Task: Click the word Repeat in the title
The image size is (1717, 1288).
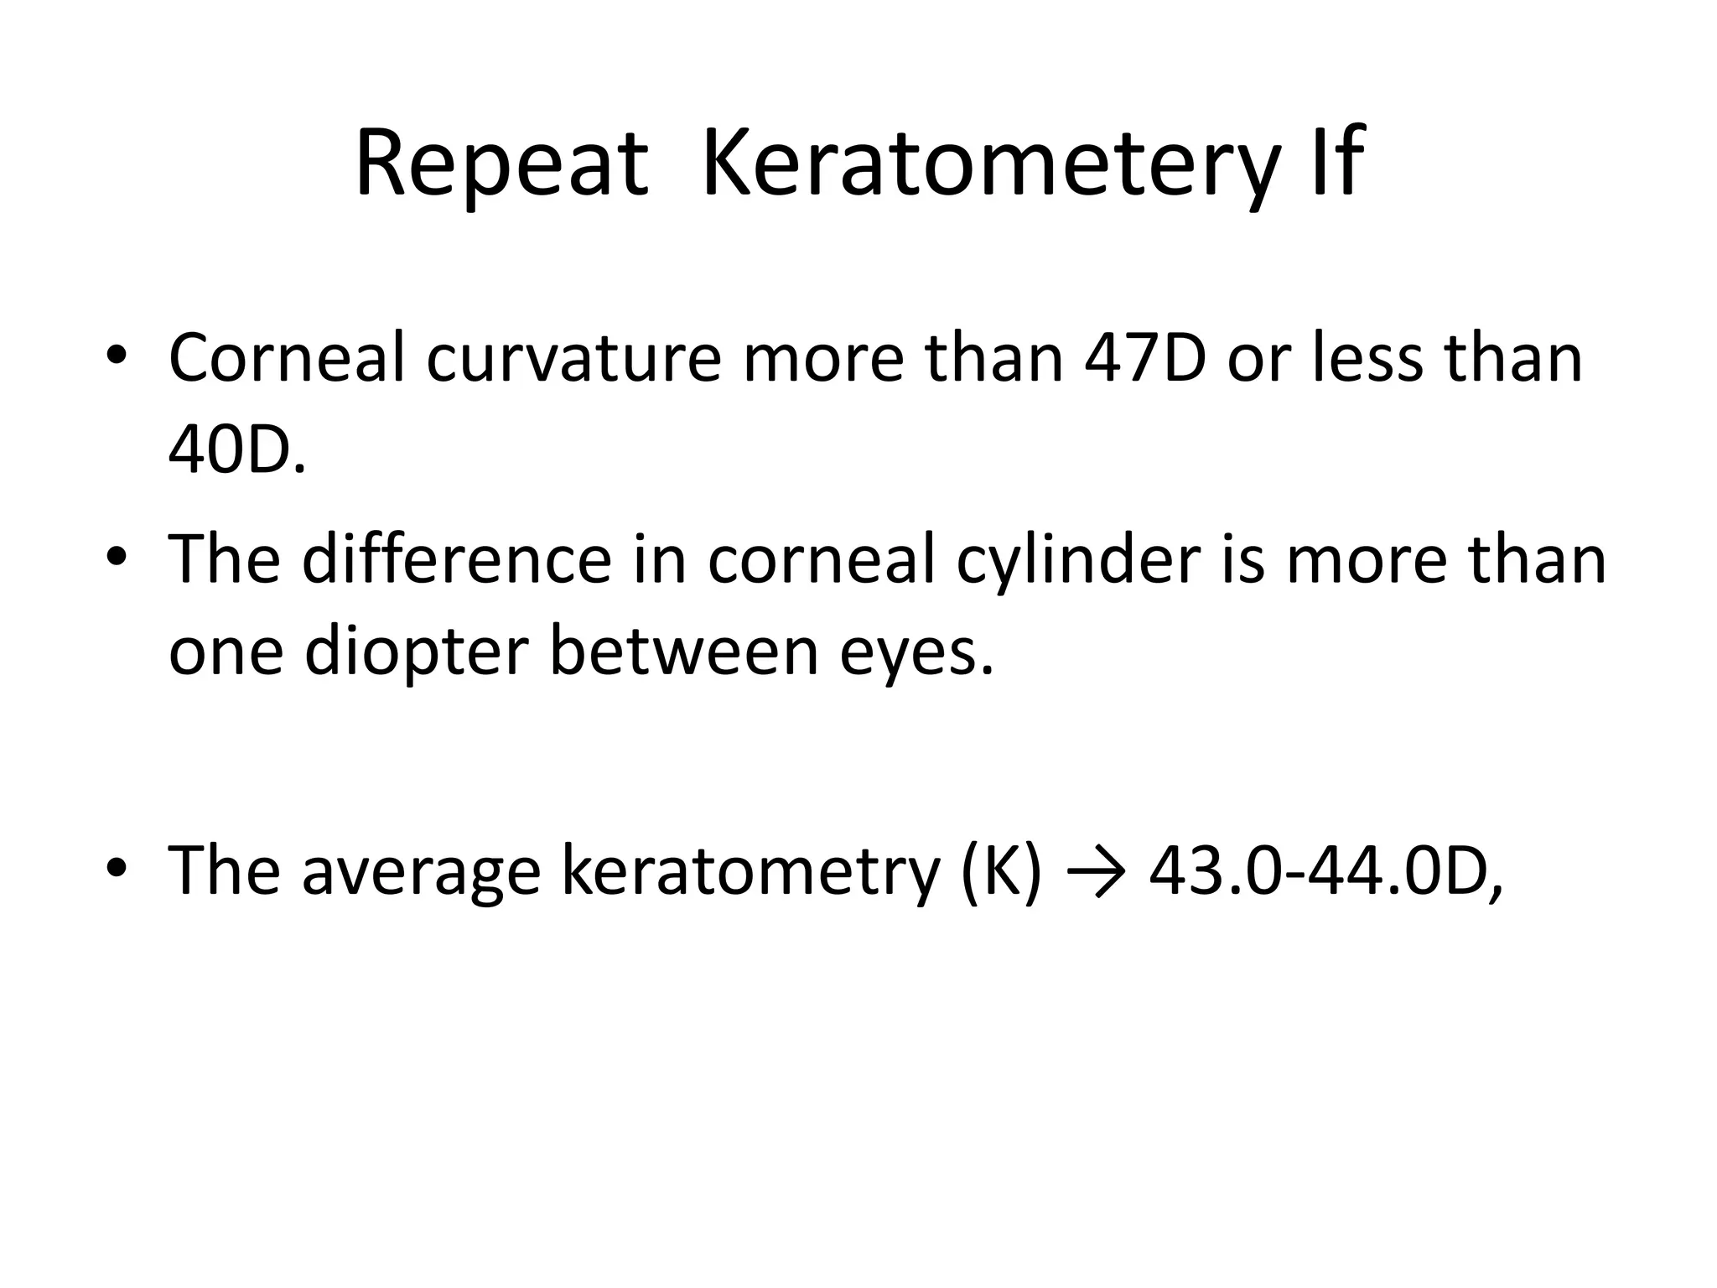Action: tap(501, 164)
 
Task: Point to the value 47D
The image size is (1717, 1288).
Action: tap(1145, 358)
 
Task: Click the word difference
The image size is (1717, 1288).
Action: tap(457, 559)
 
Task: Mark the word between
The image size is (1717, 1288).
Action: tap(683, 652)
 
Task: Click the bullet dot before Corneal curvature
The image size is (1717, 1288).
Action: tap(117, 356)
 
